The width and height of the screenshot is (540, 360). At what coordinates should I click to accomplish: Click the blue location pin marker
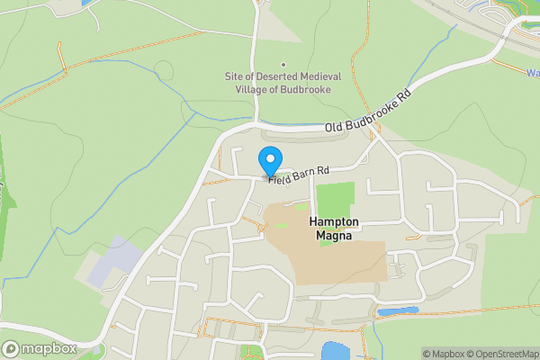pos(269,161)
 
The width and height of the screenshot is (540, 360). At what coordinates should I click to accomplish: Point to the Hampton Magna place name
pos(334,229)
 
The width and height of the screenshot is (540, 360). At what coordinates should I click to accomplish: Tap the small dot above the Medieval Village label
pos(283,64)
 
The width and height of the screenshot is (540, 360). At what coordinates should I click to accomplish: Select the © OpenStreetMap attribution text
pos(497,354)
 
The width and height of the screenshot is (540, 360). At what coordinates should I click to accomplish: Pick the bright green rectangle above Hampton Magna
pos(336,198)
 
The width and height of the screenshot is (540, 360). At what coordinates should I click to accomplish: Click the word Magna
pos(334,237)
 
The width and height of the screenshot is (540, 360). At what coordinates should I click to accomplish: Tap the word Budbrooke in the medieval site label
pos(305,90)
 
